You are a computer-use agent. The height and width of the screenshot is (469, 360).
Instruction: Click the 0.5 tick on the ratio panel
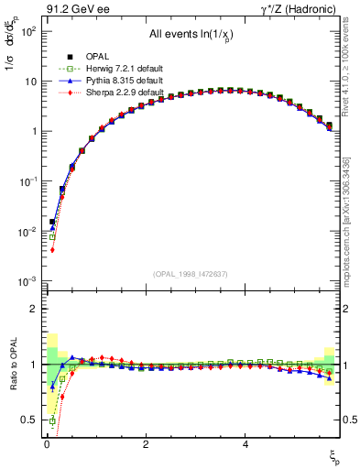pyautogui.click(x=29, y=420)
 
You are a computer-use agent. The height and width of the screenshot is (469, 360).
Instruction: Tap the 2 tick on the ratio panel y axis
pyautogui.click(x=34, y=309)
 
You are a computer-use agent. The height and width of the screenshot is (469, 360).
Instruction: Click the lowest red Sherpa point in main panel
pyautogui.click(x=53, y=250)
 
